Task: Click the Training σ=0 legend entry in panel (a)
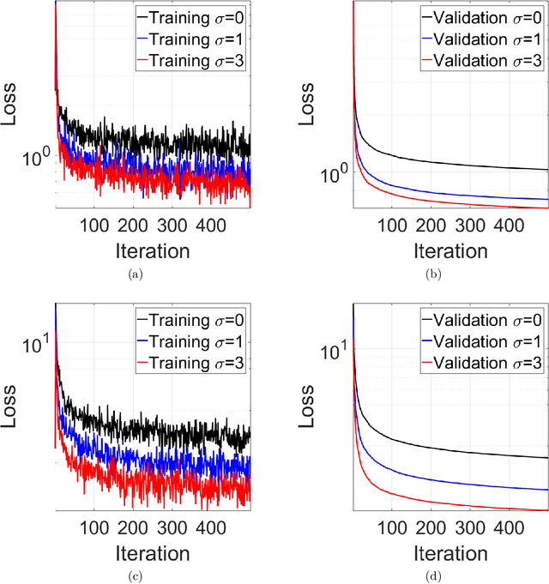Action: (x=190, y=17)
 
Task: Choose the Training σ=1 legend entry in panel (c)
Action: (x=190, y=342)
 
